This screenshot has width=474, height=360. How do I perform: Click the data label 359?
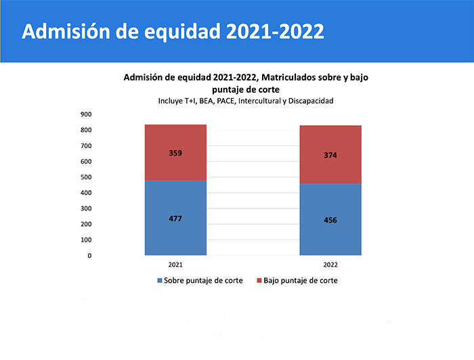point(175,153)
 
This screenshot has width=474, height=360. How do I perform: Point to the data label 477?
point(175,219)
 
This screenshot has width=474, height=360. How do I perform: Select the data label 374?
point(330,155)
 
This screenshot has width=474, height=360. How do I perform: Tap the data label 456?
point(330,220)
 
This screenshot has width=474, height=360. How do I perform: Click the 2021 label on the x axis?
point(175,265)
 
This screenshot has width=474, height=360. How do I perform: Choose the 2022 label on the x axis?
point(330,265)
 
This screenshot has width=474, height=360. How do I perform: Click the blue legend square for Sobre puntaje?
point(160,280)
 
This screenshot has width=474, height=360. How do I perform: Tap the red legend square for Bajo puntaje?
point(259,280)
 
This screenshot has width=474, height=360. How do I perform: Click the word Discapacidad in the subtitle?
point(310,101)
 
